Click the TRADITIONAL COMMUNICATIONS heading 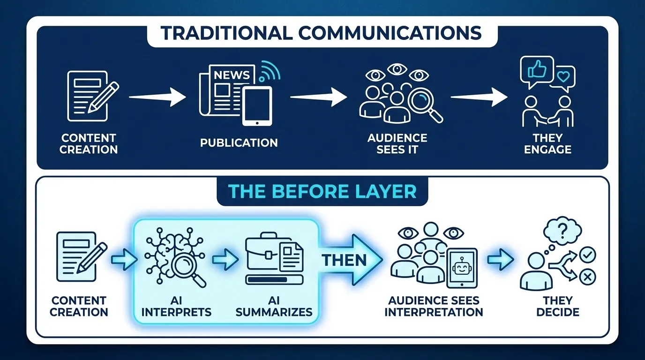coord(322,33)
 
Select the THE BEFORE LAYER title coord(322,191)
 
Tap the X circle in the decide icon coord(587,278)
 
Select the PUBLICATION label coord(239,142)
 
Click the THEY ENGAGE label coord(547,144)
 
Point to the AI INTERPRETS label coord(176,306)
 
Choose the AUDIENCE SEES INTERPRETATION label coord(434,306)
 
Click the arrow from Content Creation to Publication coord(157,97)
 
